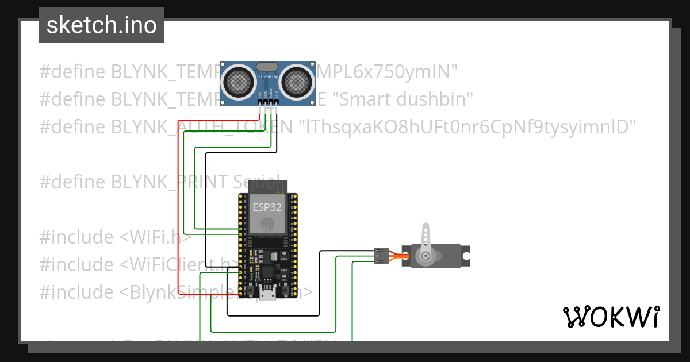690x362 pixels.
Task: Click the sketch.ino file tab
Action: click(101, 25)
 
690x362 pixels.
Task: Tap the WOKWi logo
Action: click(611, 317)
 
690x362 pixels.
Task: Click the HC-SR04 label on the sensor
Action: click(267, 78)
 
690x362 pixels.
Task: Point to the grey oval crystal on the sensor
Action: click(267, 67)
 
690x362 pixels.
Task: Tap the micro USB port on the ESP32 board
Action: click(267, 295)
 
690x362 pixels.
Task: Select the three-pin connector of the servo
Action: click(381, 256)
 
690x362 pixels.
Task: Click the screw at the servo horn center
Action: click(425, 256)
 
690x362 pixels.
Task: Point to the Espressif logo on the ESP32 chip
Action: click(267, 225)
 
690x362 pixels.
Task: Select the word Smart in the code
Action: click(362, 99)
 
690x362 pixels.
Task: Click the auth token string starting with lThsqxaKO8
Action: click(469, 126)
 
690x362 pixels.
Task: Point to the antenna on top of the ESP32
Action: click(267, 186)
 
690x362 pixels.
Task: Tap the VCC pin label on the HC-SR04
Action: click(260, 93)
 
